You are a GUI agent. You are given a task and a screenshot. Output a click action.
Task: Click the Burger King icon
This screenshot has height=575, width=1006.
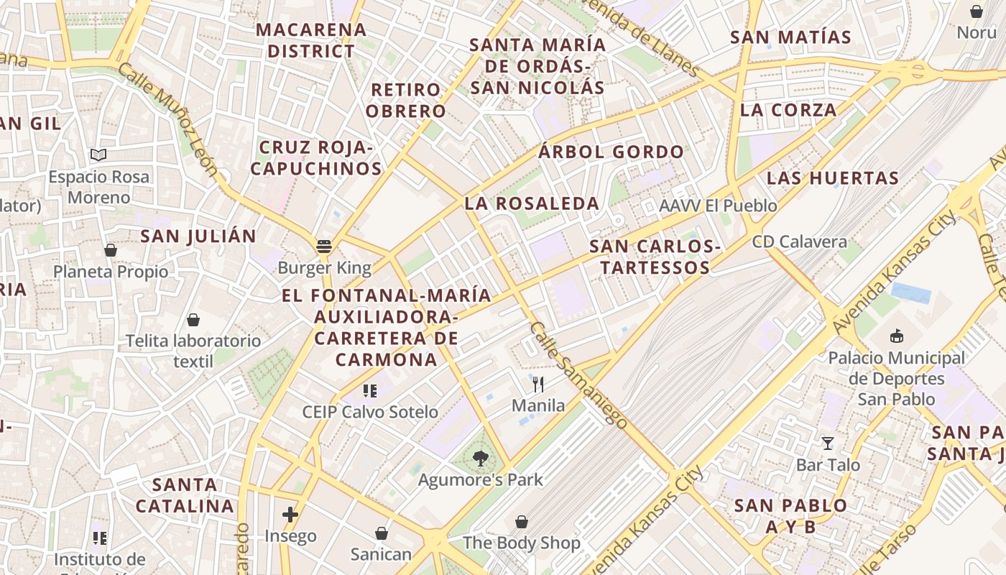pyautogui.click(x=324, y=247)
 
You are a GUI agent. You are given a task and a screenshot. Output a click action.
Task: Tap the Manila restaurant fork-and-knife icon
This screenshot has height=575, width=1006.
pyautogui.click(x=538, y=385)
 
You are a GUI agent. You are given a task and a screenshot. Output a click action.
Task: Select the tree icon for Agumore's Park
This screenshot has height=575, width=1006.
pyautogui.click(x=481, y=458)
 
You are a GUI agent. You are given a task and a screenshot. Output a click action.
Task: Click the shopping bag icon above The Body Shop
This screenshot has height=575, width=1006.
pyautogui.click(x=522, y=522)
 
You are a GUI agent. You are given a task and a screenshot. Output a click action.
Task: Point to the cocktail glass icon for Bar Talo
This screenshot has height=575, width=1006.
pyautogui.click(x=828, y=443)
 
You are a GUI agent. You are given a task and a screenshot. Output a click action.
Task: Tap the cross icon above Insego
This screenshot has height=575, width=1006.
pyautogui.click(x=290, y=515)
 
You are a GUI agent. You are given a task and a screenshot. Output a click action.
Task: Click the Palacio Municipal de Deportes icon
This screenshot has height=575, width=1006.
pyautogui.click(x=896, y=336)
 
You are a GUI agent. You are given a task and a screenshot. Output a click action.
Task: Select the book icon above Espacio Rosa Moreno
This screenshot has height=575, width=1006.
pyautogui.click(x=98, y=155)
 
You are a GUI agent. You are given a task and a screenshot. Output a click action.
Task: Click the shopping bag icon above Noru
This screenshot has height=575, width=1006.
pyautogui.click(x=977, y=11)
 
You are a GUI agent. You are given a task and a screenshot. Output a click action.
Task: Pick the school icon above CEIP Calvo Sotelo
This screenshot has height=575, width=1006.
pyautogui.click(x=370, y=391)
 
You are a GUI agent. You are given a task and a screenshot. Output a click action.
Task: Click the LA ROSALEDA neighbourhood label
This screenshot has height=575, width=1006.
pyautogui.click(x=532, y=203)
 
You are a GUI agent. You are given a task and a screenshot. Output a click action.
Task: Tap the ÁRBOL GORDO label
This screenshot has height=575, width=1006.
pyautogui.click(x=612, y=152)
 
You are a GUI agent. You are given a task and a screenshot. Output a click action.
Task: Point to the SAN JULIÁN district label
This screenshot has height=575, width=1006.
pyautogui.click(x=198, y=236)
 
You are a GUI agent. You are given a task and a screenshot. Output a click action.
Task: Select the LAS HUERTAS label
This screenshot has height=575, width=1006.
pyautogui.click(x=833, y=178)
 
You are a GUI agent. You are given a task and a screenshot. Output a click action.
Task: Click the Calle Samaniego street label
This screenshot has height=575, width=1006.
pyautogui.click(x=578, y=374)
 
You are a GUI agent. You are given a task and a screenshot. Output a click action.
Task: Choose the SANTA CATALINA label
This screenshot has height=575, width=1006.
pyautogui.click(x=185, y=495)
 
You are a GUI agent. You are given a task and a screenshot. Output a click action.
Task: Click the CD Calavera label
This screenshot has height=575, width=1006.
pyautogui.click(x=800, y=241)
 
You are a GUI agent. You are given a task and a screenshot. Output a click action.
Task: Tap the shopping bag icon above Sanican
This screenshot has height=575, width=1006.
pyautogui.click(x=382, y=533)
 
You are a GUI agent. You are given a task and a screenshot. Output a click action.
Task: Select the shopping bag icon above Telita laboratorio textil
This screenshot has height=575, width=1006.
pyautogui.click(x=193, y=319)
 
